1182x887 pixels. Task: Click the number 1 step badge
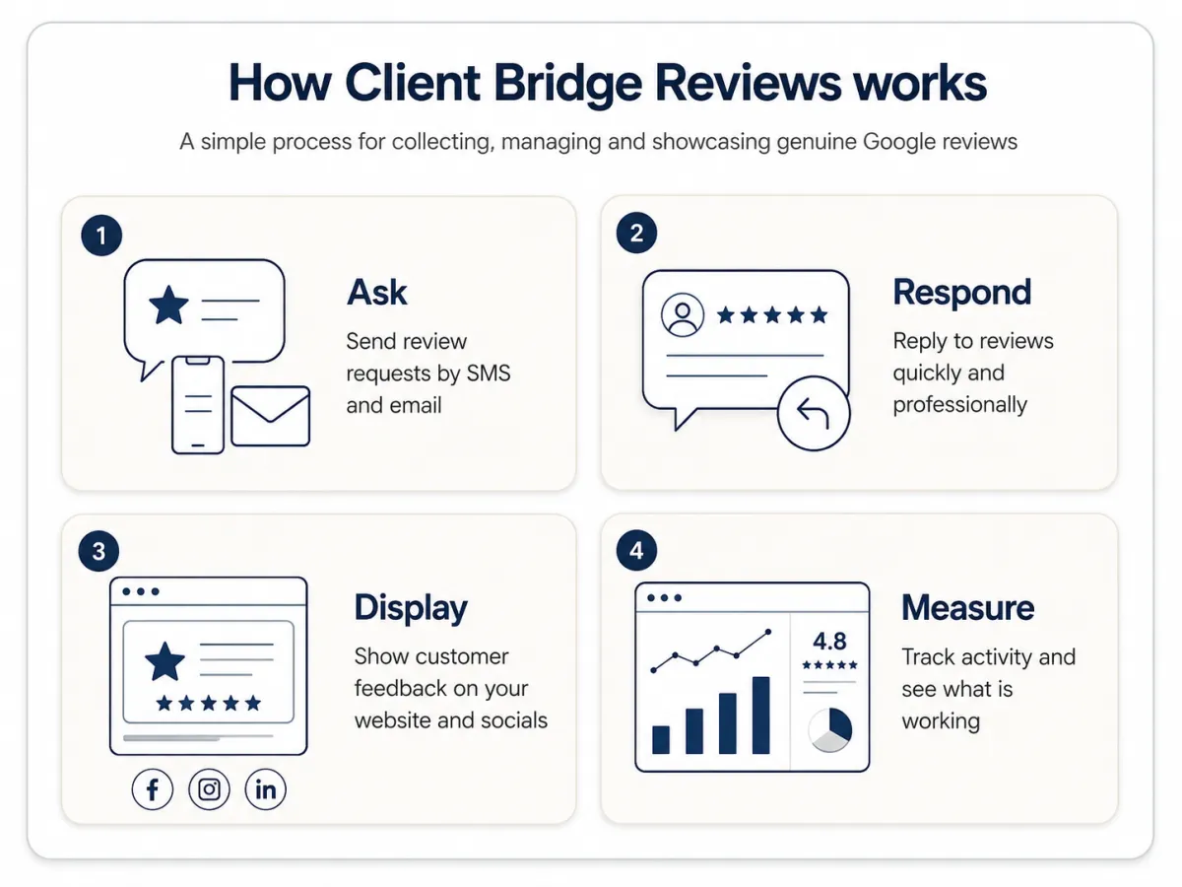tap(101, 236)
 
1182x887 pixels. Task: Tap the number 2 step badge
tap(636, 234)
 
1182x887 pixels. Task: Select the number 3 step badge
tap(98, 551)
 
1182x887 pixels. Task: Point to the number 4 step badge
tap(636, 550)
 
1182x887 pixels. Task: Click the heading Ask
tap(377, 293)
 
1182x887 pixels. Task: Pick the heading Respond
tap(961, 294)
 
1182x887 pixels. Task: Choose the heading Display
tap(411, 609)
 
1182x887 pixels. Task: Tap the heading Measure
tap(967, 607)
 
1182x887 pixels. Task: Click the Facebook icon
tap(153, 789)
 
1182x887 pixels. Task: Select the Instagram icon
tap(209, 789)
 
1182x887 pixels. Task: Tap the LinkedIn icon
tap(266, 789)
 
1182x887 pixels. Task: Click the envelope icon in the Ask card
tap(270, 416)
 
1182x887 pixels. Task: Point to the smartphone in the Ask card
tap(198, 405)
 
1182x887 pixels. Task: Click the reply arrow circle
tap(814, 413)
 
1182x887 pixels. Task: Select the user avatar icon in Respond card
tap(683, 315)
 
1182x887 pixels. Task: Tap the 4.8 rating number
tap(829, 641)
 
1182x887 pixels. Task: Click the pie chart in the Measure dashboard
tap(829, 729)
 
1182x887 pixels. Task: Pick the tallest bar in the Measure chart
tap(760, 716)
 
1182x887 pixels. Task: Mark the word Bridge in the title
tap(568, 85)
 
